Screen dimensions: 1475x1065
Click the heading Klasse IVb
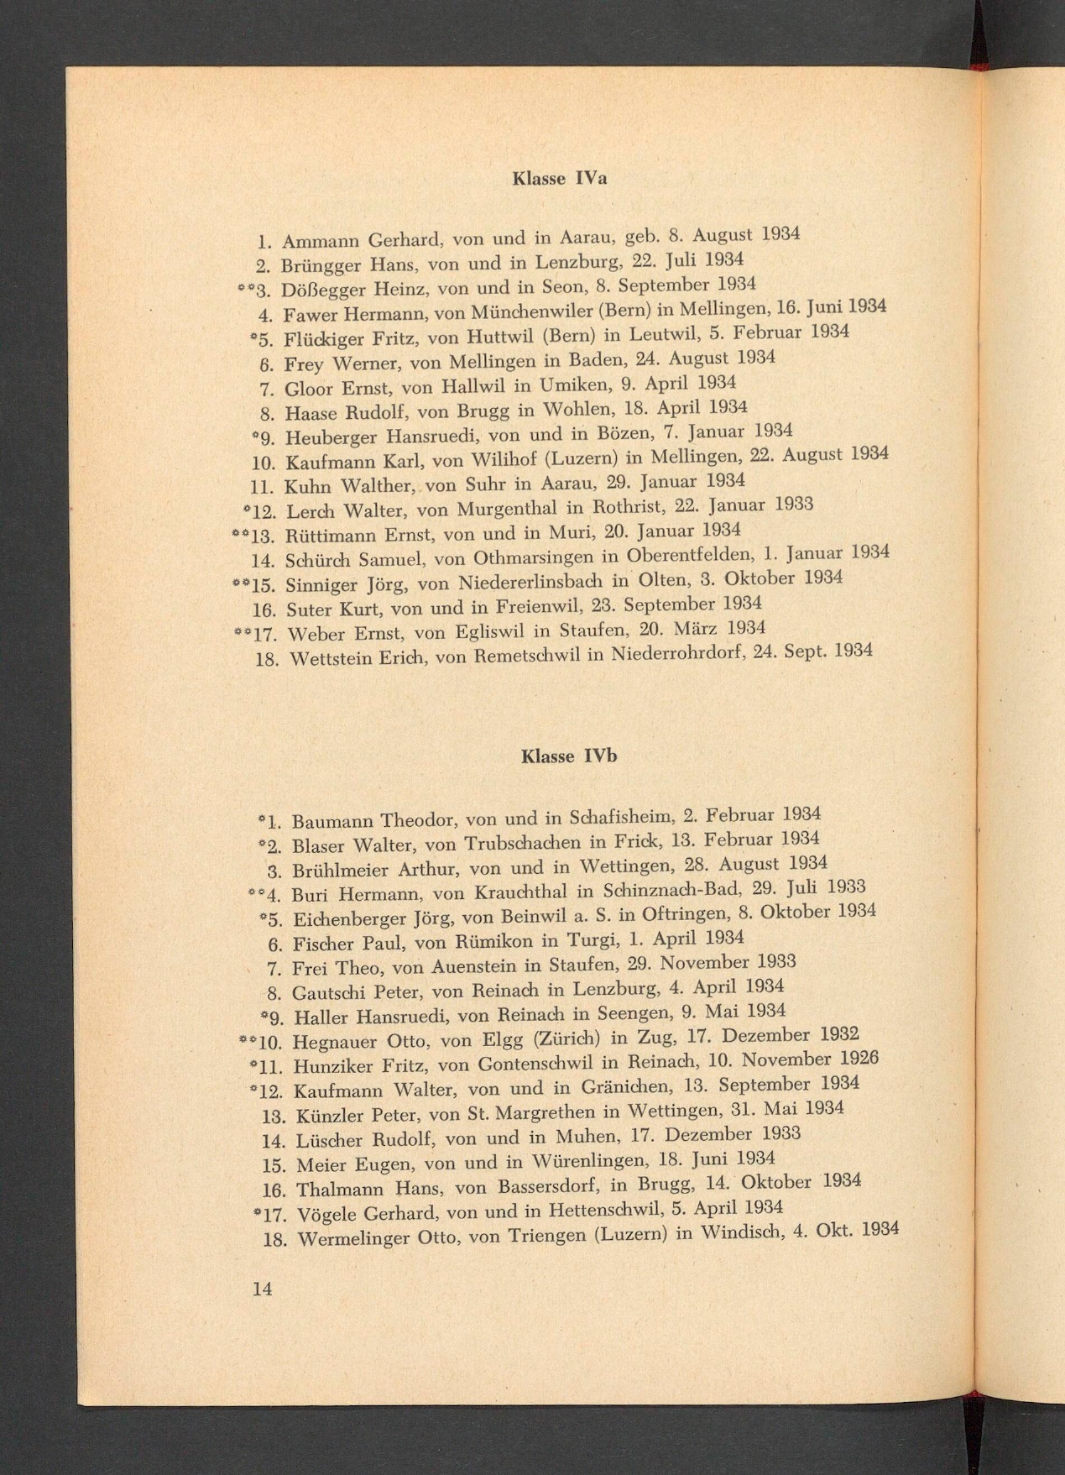[x=568, y=756]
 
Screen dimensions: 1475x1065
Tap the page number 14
[x=262, y=1289]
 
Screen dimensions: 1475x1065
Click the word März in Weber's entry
[x=697, y=628]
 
